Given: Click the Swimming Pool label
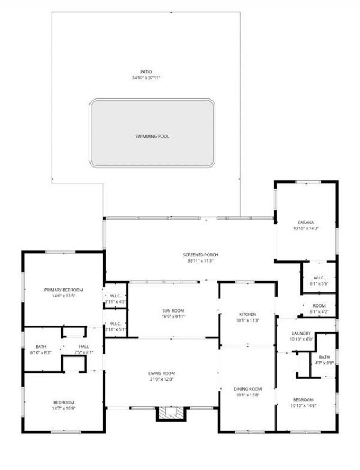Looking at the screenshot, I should tap(152, 136).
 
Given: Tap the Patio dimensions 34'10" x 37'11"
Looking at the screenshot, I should tap(146, 78).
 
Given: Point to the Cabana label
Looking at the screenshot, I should tap(306, 223).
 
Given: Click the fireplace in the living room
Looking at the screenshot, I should tap(170, 413).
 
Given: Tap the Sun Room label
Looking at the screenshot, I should tap(173, 310).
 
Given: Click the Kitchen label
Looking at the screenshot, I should tap(247, 314).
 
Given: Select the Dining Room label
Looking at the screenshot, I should tap(248, 389).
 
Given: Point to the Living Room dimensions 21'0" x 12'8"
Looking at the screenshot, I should tap(162, 379).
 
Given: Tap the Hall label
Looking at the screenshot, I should tap(84, 346).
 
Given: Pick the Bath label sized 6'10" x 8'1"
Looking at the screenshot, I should tap(40, 346).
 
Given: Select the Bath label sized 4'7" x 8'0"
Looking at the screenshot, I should tap(325, 356).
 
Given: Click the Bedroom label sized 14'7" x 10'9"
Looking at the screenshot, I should tap(64, 402).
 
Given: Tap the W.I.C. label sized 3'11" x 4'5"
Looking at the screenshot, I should tap(116, 296).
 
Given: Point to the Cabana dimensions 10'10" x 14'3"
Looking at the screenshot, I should tap(306, 229).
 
